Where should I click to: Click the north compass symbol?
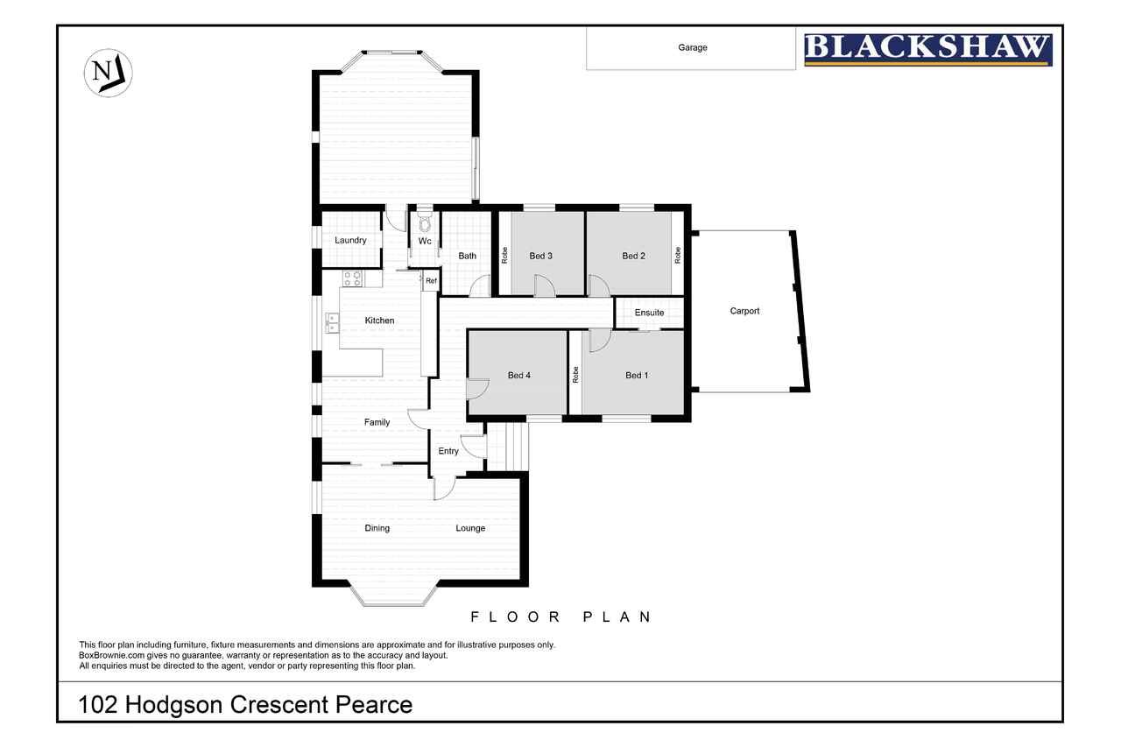[108, 74]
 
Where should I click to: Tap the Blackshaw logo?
[927, 50]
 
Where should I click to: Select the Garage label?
[692, 48]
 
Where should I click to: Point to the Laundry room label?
[350, 241]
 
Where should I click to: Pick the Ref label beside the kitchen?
[431, 281]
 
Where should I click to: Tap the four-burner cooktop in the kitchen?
[352, 279]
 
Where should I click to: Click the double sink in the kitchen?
[332, 322]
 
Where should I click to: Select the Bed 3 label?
[540, 257]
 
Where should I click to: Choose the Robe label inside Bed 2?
[678, 255]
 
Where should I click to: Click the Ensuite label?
[649, 313]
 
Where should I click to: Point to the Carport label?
[744, 311]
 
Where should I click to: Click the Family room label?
[377, 423]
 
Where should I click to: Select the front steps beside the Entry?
[508, 447]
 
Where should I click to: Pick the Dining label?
[377, 529]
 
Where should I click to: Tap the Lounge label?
[470, 529]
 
